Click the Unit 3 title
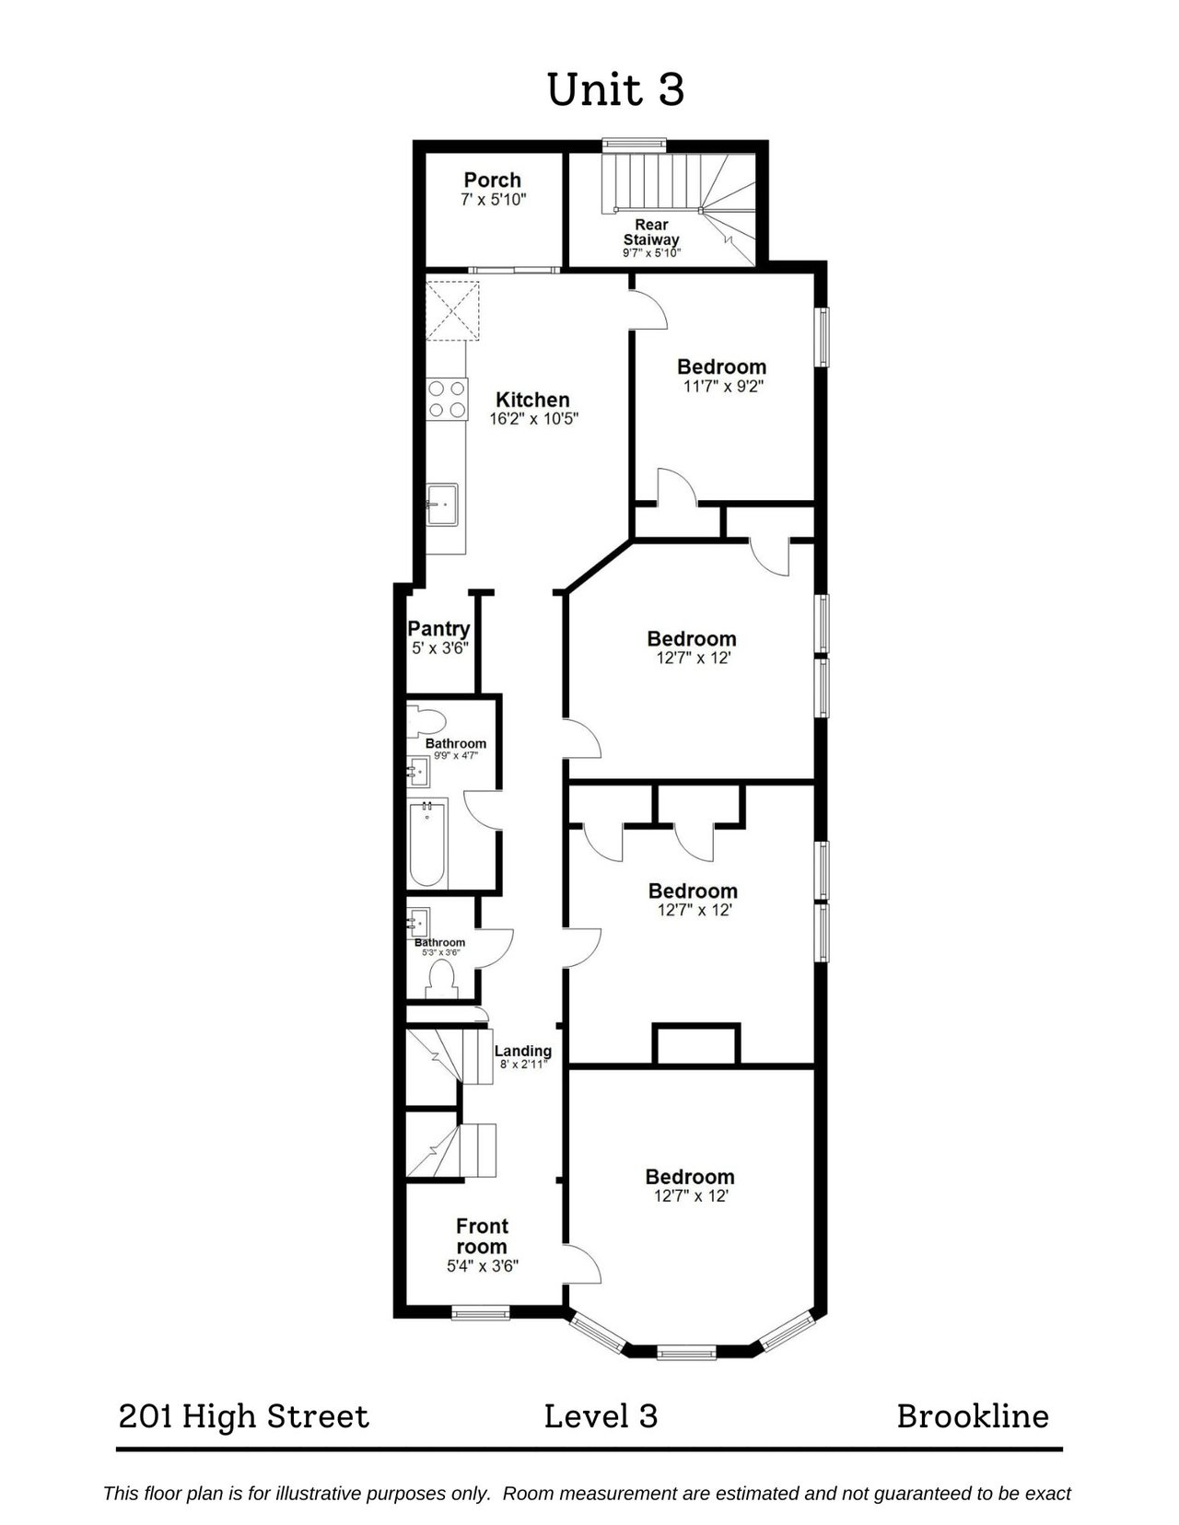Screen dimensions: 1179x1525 click(615, 90)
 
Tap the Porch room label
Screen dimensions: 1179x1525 click(493, 180)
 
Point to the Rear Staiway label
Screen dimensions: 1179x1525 click(651, 232)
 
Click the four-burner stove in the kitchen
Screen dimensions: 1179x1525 click(447, 399)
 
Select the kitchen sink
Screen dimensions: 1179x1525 click(442, 504)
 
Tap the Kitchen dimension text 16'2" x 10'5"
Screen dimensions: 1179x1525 click(533, 420)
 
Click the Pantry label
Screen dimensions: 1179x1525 click(438, 628)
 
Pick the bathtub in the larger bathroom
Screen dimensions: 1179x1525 click(427, 844)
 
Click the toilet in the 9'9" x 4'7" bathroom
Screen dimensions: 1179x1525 click(426, 722)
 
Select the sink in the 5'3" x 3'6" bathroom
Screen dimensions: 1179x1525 click(419, 925)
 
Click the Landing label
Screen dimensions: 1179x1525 click(523, 1052)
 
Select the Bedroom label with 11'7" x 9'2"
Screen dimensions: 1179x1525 click(721, 367)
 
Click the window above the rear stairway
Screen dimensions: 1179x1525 click(635, 145)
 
